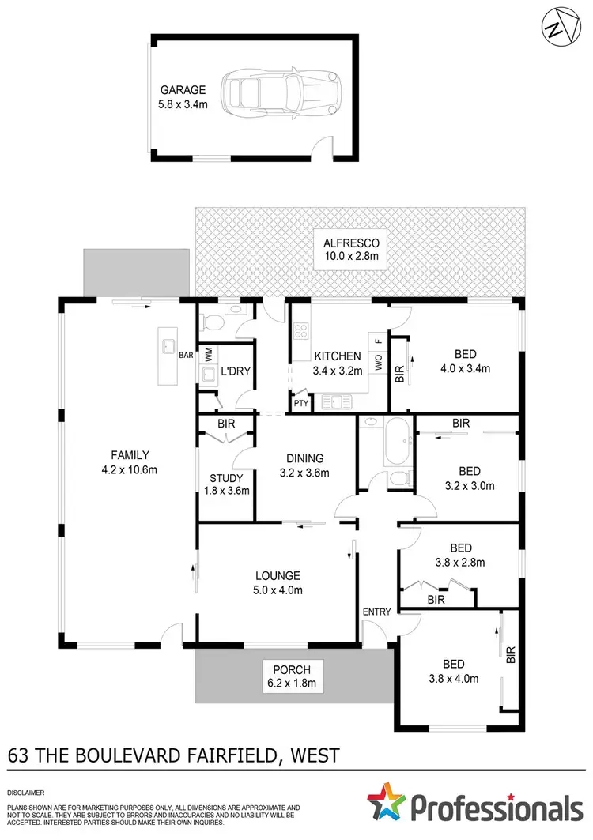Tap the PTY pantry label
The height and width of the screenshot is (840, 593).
(x=301, y=403)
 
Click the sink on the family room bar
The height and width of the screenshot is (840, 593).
(x=168, y=345)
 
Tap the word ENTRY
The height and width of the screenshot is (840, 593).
(x=376, y=612)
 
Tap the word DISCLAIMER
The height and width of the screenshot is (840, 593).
(x=26, y=791)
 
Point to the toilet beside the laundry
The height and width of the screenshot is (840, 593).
(x=209, y=321)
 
